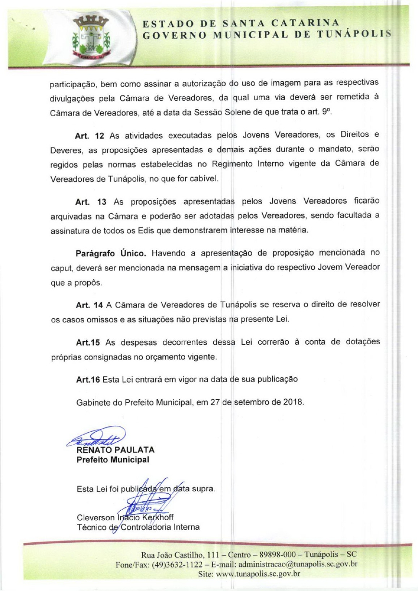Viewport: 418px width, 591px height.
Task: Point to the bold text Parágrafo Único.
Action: point(113,252)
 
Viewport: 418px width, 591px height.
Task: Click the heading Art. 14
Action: point(90,305)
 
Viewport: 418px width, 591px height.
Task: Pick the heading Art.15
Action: point(89,342)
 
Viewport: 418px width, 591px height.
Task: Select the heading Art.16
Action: point(88,379)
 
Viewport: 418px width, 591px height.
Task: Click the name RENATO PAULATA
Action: point(115,450)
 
